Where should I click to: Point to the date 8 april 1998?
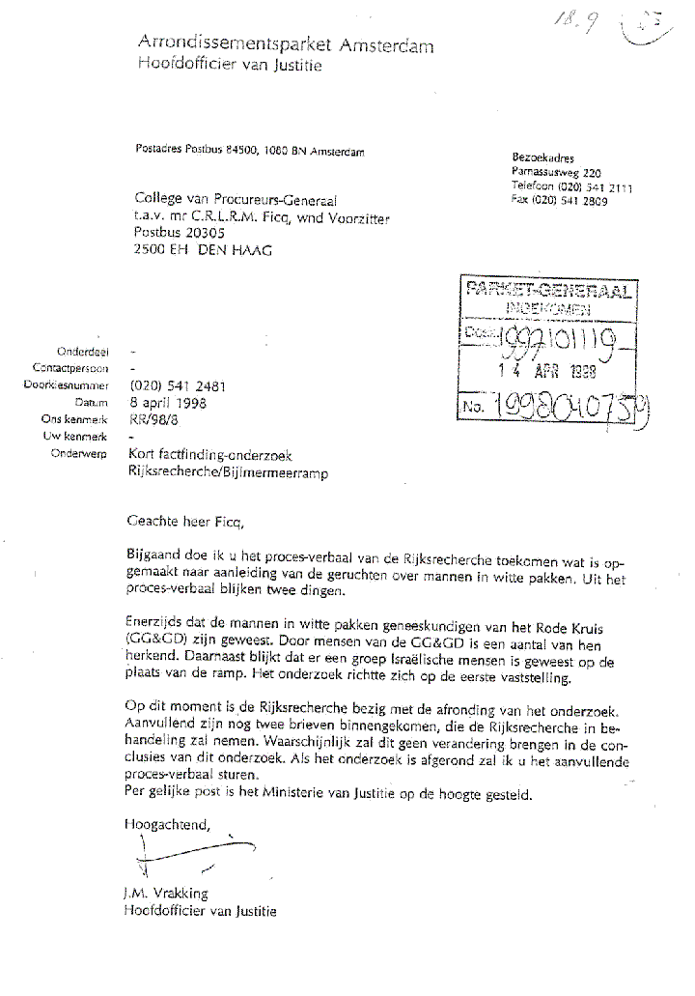coord(168,403)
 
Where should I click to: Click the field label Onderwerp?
coord(83,454)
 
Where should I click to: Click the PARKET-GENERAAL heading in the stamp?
coord(547,289)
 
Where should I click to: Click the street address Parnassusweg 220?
coord(556,171)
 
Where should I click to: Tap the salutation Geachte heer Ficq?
coord(187,523)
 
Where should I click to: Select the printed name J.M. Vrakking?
coord(166,893)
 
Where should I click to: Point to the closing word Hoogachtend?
coord(167,823)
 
